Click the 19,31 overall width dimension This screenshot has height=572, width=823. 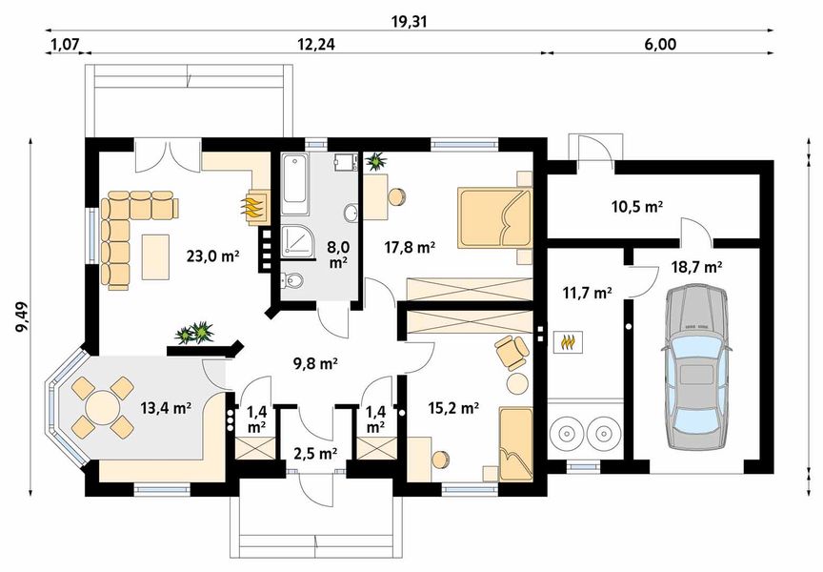click(x=410, y=22)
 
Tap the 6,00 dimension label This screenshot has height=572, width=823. click(x=660, y=44)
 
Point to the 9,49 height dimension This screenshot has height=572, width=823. click(x=23, y=317)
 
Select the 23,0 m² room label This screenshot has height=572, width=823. click(x=212, y=256)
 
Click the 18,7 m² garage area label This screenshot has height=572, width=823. click(x=696, y=267)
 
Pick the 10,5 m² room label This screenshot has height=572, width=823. click(x=636, y=207)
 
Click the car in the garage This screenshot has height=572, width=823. click(x=697, y=367)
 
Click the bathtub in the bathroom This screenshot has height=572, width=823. click(x=295, y=184)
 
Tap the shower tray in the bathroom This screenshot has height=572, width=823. click(x=297, y=243)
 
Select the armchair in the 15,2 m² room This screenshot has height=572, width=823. click(x=511, y=352)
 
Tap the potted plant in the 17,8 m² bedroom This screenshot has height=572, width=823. click(x=376, y=162)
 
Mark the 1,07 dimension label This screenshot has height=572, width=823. click(x=64, y=44)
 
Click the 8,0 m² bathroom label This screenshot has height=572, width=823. click(x=338, y=255)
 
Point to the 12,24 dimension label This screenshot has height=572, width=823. click(x=316, y=44)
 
